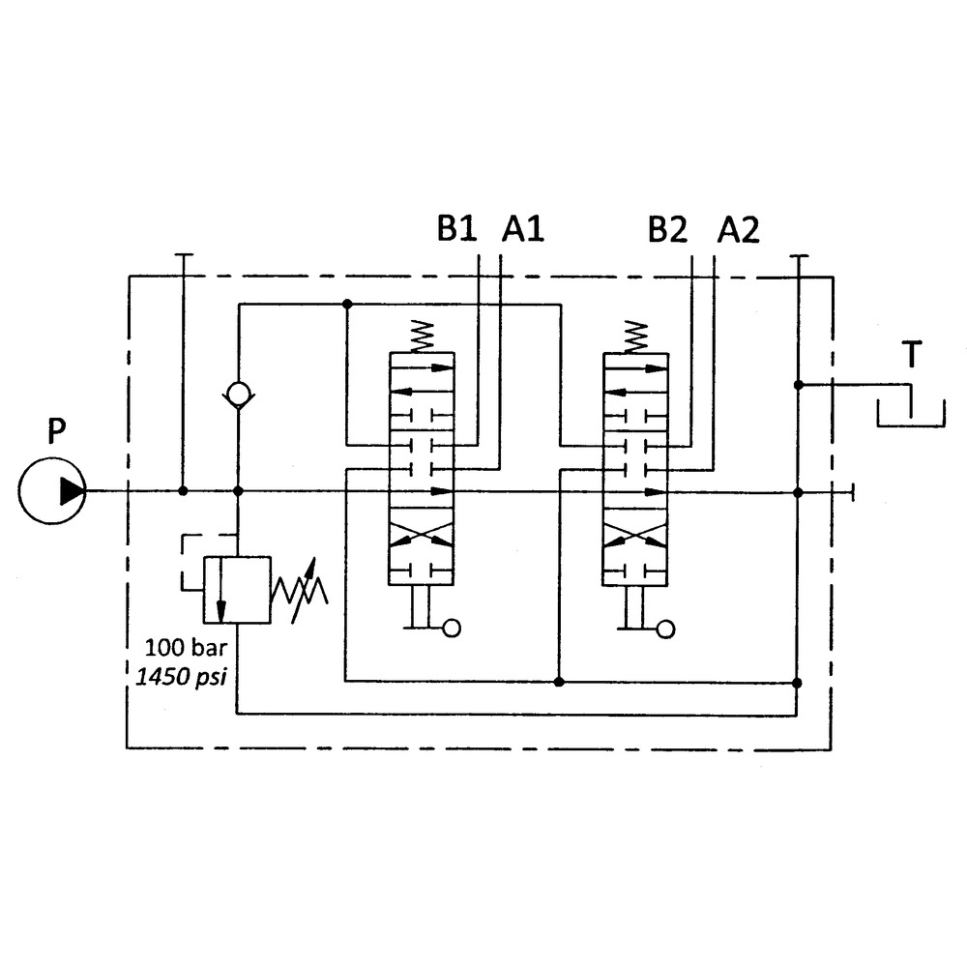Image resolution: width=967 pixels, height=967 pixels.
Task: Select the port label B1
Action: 457,229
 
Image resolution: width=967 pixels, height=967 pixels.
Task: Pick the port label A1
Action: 523,229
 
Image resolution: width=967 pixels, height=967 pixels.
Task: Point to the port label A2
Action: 738,229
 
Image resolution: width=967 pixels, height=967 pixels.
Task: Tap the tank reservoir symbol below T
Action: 910,413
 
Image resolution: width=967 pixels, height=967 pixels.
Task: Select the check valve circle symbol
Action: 237,394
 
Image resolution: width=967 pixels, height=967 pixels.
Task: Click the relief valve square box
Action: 236,590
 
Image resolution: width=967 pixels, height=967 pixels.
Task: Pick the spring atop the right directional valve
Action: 635,336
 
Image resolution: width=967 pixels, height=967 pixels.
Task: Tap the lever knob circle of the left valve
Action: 451,629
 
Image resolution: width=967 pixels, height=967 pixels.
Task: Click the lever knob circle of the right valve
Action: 665,629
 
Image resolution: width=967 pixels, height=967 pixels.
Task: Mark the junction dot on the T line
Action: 798,385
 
